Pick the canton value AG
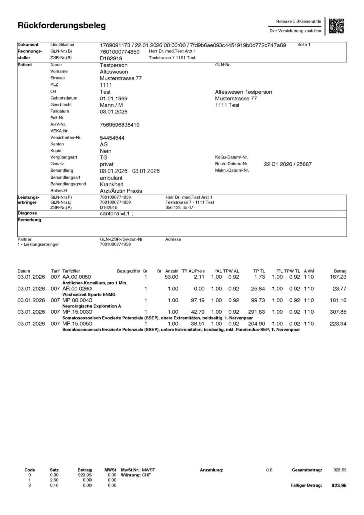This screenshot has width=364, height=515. coord(104,144)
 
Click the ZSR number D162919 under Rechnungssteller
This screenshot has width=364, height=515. coord(110,58)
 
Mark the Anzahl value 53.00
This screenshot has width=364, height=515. coord(172,277)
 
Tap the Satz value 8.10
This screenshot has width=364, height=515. coord(54,486)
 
